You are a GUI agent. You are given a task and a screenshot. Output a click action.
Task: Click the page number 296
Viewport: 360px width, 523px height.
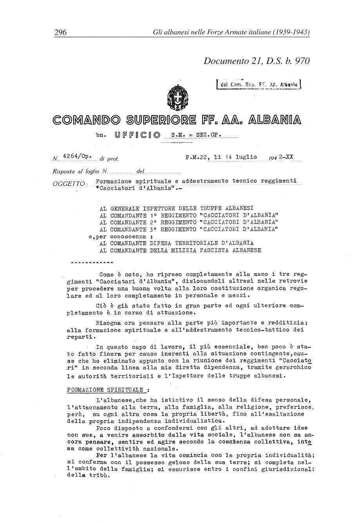coord(60,32)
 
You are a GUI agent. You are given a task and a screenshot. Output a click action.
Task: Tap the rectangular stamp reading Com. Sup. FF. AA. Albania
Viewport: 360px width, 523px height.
coord(258,84)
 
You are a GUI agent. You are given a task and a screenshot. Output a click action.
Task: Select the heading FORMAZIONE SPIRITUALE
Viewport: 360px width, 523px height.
coord(105,390)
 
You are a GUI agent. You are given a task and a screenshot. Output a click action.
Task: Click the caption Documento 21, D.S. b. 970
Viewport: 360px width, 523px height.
coord(257,61)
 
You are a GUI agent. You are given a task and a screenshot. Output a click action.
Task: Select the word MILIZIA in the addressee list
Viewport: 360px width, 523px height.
coord(181,250)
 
